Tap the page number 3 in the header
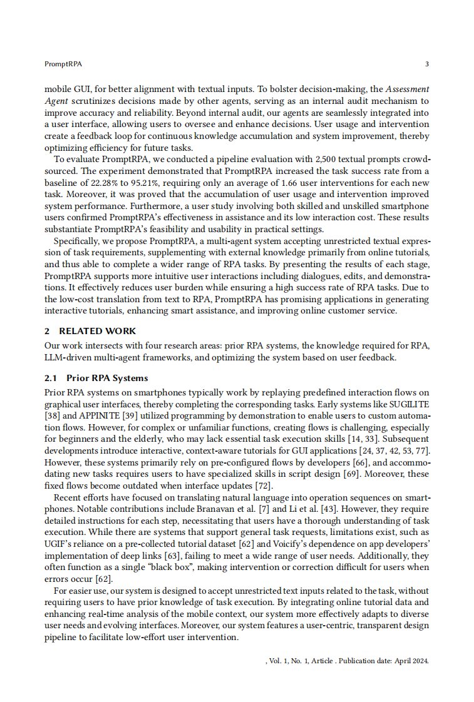point(426,64)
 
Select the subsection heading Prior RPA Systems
point(106,378)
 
